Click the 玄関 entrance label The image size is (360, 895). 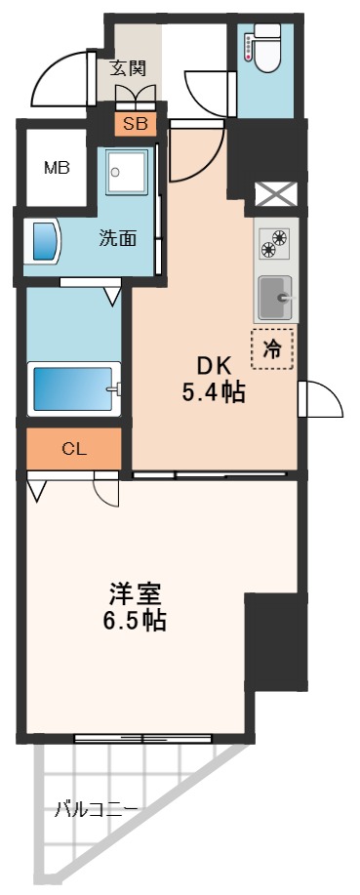point(128,68)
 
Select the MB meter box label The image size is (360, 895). point(57,167)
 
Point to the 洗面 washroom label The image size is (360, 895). point(117,238)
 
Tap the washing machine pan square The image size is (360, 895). point(127,174)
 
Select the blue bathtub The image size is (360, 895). point(74,388)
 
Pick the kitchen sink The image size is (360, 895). point(275,295)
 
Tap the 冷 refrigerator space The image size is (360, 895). point(273,349)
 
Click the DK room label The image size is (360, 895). point(213,365)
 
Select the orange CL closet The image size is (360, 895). point(73,449)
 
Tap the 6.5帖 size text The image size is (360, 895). point(133,620)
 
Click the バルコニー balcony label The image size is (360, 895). point(97,809)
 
